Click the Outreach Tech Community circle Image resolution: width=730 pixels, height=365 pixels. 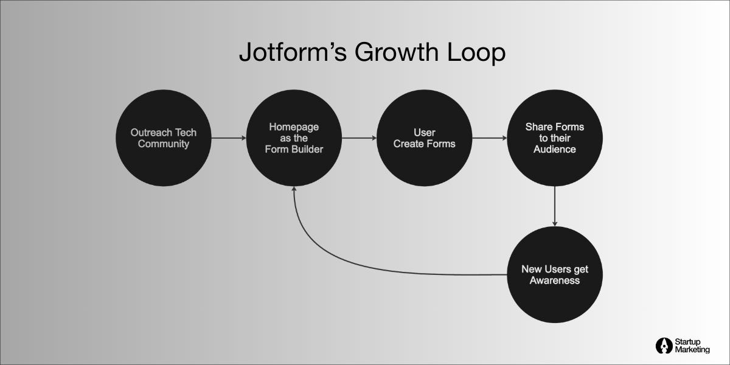pos(163,138)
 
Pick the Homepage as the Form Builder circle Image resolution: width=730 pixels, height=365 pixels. pos(294,138)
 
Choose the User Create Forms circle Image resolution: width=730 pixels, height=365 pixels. pos(425,138)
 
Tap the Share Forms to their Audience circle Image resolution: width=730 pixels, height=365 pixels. pos(555,138)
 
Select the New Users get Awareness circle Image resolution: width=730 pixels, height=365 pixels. pos(555,274)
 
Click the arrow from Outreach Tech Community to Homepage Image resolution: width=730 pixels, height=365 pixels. pos(228,138)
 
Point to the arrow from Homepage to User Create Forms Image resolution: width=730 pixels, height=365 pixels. pos(359,138)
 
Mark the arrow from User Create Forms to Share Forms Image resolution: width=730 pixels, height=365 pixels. pos(490,138)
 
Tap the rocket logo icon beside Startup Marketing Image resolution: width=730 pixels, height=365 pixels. pos(663,346)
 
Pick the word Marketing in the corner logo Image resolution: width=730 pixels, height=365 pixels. pos(692,350)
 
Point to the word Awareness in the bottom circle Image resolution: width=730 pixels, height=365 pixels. pos(555,280)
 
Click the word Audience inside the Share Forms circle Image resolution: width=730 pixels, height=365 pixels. pos(555,149)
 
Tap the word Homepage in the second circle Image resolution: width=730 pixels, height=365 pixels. pos(294,127)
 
